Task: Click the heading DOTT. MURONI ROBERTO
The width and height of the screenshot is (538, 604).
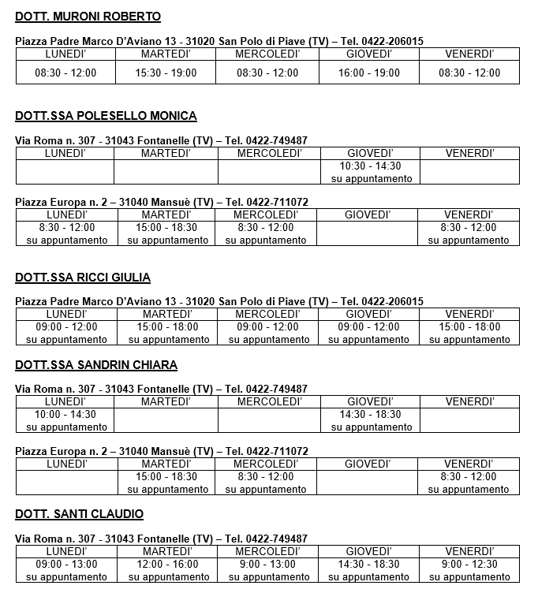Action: click(88, 17)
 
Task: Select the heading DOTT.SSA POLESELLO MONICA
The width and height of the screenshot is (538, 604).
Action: click(106, 116)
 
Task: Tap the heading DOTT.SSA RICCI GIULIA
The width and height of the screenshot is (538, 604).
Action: click(83, 278)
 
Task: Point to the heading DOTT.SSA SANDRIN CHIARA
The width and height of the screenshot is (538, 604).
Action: click(96, 365)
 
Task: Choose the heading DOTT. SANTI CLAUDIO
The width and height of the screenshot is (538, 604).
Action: click(79, 515)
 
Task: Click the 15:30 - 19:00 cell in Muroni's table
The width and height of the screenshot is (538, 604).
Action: click(166, 73)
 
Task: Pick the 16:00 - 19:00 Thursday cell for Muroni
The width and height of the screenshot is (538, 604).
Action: click(369, 73)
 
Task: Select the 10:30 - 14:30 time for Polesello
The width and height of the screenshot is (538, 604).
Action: click(370, 166)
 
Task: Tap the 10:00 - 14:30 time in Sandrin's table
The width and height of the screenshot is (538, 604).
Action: click(65, 415)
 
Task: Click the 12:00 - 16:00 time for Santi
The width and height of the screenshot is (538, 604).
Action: click(166, 565)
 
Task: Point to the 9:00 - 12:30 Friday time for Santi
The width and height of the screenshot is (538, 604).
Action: click(469, 565)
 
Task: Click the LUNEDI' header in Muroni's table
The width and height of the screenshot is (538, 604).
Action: click(65, 54)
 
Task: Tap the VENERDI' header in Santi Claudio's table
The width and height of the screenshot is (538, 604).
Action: click(469, 552)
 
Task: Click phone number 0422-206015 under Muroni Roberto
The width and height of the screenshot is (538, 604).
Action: click(394, 41)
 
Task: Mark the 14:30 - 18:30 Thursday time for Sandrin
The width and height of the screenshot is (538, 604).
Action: click(370, 415)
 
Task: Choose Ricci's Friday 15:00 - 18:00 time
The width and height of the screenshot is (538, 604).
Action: click(469, 327)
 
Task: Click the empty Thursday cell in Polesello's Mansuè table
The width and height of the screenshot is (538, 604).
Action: click(368, 233)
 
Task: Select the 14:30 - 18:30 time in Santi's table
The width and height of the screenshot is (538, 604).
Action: click(369, 565)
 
